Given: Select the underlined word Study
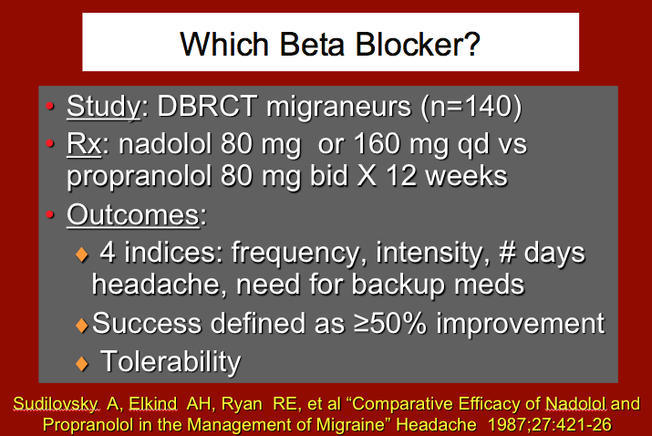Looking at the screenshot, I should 103,107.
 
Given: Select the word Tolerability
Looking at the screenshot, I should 170,361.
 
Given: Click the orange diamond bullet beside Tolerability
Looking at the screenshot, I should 82,363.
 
